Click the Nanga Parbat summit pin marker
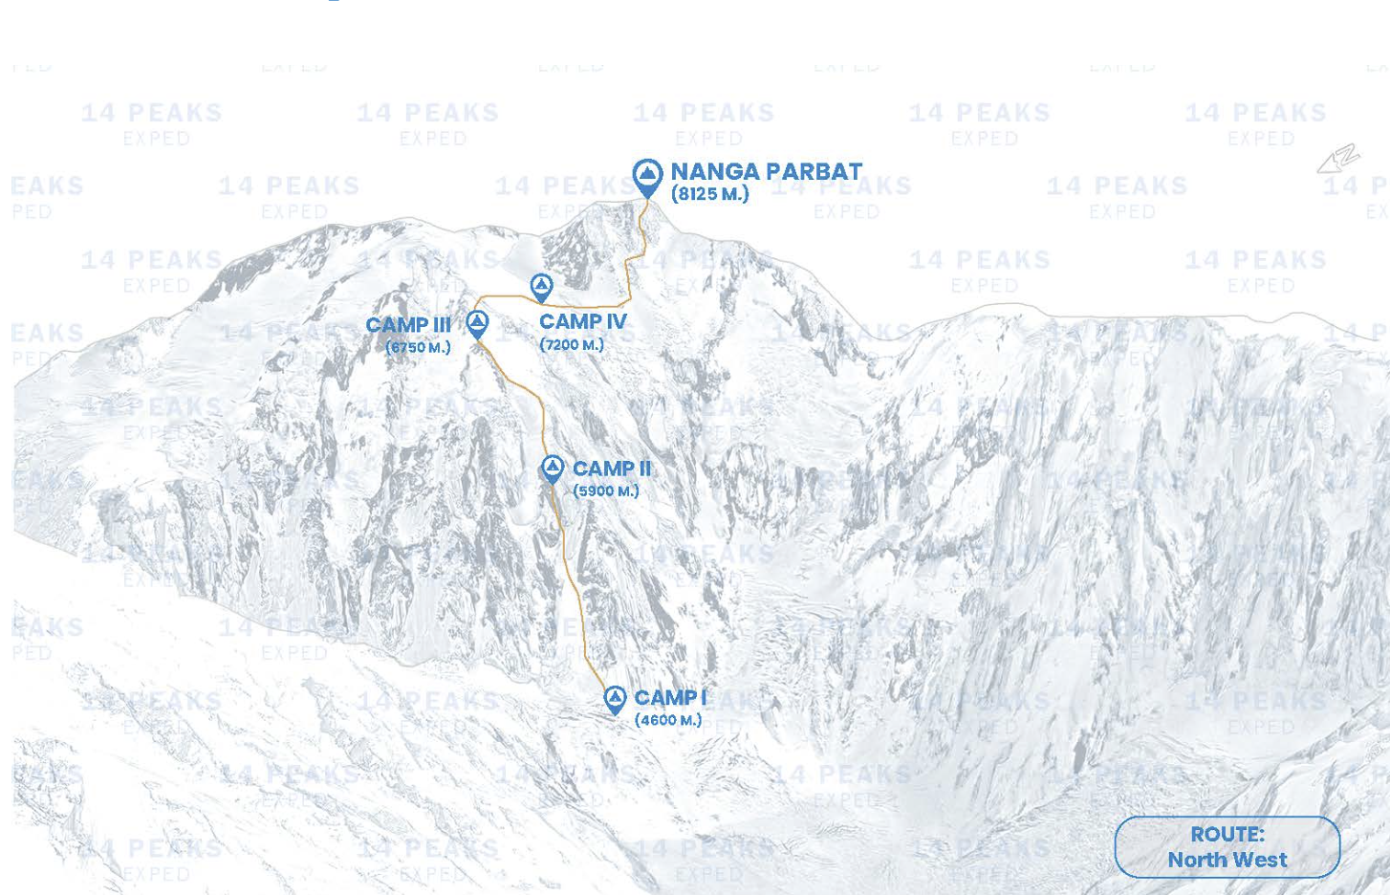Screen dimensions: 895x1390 tap(647, 176)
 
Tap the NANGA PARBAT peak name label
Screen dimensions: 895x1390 tap(766, 171)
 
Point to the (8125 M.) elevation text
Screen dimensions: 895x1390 tap(709, 194)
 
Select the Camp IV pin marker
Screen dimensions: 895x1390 tap(541, 286)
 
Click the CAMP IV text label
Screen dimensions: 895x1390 tap(582, 321)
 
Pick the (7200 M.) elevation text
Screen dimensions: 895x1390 tap(572, 344)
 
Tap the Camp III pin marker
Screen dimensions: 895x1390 tap(477, 323)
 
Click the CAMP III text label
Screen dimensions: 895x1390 tap(408, 325)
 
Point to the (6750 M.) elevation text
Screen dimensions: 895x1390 tap(418, 347)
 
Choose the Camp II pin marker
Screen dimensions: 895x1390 tap(552, 469)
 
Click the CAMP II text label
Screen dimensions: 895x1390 tap(611, 469)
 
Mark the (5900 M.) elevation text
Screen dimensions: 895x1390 tap(606, 491)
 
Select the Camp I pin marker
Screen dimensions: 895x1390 tap(615, 699)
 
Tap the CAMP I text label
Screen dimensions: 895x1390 tap(669, 698)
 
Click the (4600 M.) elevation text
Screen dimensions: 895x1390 tap(668, 720)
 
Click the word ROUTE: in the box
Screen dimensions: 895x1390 tap(1227, 834)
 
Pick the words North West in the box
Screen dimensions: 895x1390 tap(1227, 860)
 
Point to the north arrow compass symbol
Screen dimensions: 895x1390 tap(1338, 159)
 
